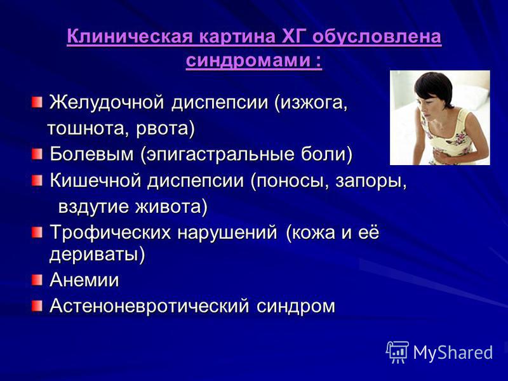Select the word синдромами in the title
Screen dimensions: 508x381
(248, 60)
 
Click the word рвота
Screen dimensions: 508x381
(162, 128)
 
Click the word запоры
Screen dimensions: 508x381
(371, 181)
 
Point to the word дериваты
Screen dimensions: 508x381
(93, 255)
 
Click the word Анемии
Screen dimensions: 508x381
(84, 279)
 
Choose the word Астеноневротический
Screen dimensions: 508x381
(150, 306)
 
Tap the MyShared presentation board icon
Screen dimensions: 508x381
(398, 352)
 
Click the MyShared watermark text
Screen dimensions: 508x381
(453, 352)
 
